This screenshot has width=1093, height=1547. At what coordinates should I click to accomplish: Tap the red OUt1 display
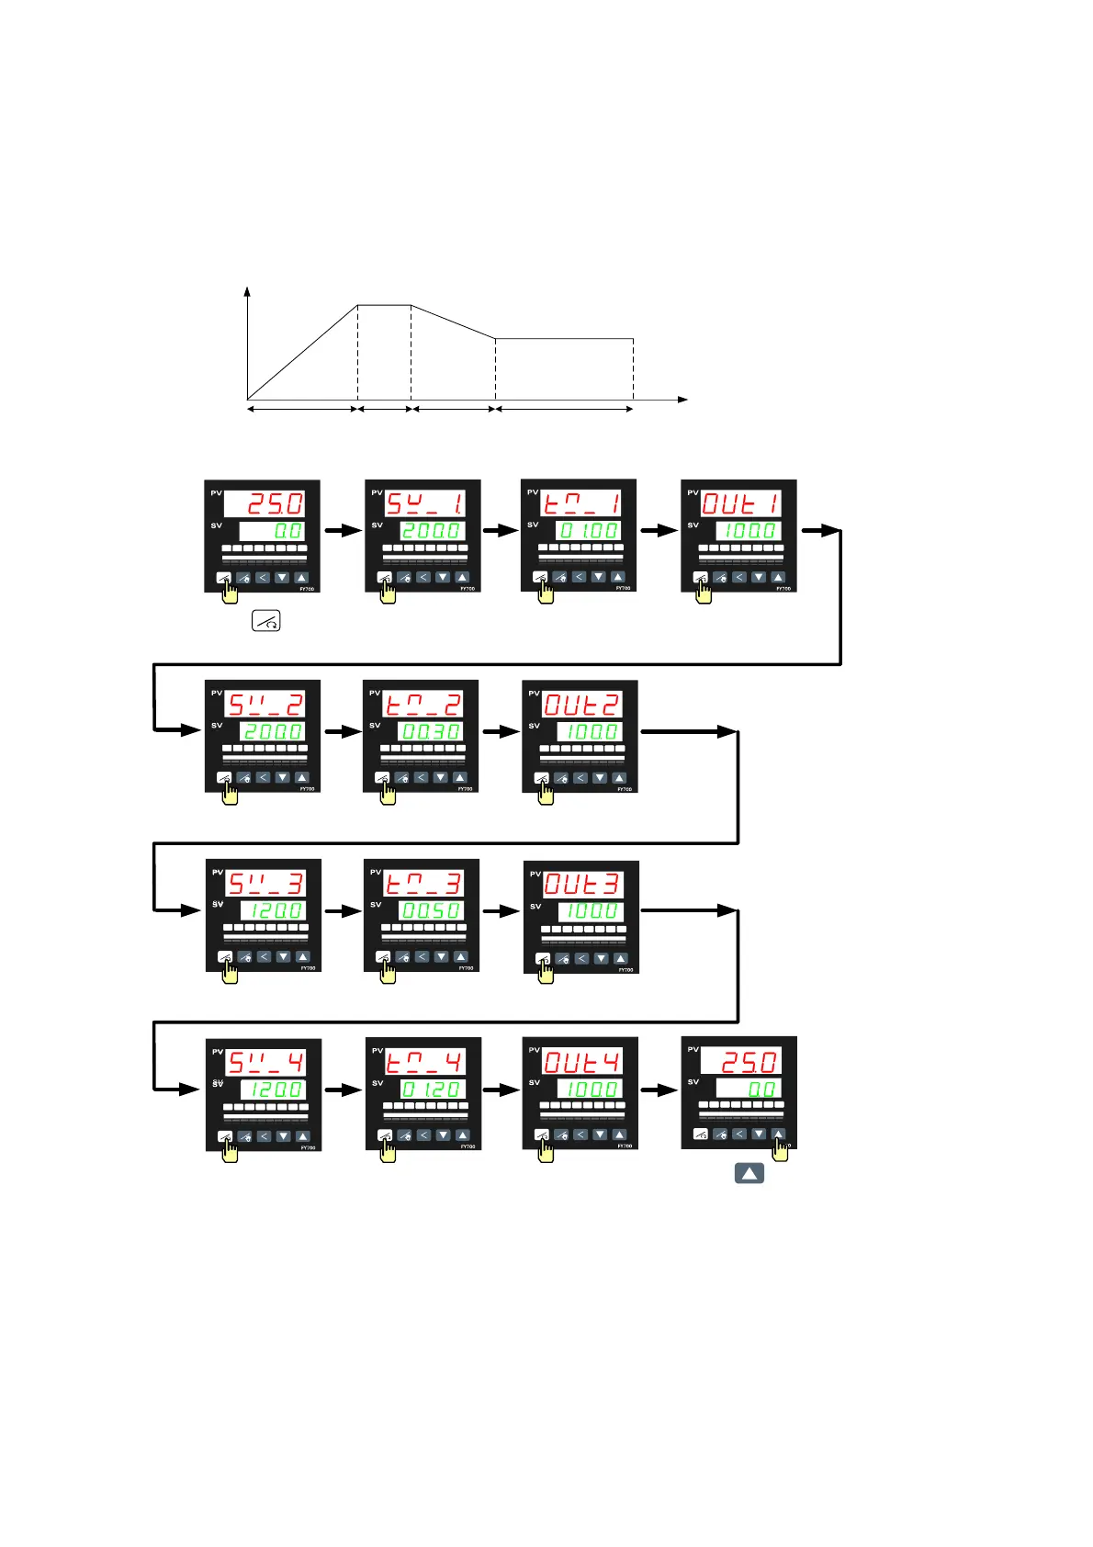pos(741,502)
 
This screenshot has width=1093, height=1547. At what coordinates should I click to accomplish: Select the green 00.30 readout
pos(431,731)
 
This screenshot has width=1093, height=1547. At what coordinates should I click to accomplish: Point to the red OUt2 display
pos(582,705)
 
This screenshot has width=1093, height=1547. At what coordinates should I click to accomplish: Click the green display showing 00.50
pos(432,910)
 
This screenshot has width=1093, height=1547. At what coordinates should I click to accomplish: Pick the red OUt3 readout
pos(583,884)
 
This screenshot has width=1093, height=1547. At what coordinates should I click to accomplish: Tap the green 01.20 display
pos(433,1089)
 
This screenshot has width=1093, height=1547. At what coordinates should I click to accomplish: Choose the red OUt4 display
pos(582,1062)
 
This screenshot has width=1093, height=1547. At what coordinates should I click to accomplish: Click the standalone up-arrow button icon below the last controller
pos(749,1173)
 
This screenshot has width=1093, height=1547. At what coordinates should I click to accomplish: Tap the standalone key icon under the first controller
pos(266,621)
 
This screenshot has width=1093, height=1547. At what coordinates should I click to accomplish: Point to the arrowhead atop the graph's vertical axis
pos(247,290)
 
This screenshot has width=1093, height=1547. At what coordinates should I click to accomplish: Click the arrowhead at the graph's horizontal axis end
pos(682,400)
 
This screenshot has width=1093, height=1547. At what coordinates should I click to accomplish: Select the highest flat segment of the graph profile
pos(384,305)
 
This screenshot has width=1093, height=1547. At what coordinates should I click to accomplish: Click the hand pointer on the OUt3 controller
pos(546,971)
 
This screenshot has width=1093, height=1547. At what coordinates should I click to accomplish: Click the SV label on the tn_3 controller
pos(376,905)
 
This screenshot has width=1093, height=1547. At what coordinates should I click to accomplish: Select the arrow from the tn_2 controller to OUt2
pos(501,731)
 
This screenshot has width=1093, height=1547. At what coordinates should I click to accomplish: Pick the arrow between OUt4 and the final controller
pos(659,1090)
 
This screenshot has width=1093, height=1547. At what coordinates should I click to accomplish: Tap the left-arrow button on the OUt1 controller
pos(739,578)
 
